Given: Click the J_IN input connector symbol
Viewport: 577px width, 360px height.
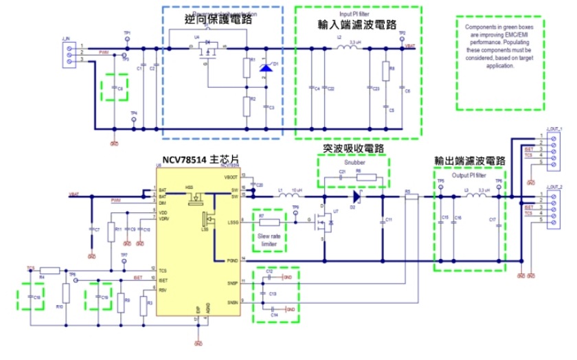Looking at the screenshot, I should coord(67,54).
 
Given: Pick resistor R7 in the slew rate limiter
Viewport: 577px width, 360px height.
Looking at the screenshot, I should coord(269,223).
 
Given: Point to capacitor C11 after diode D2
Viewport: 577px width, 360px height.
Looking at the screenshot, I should coord(382,221).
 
